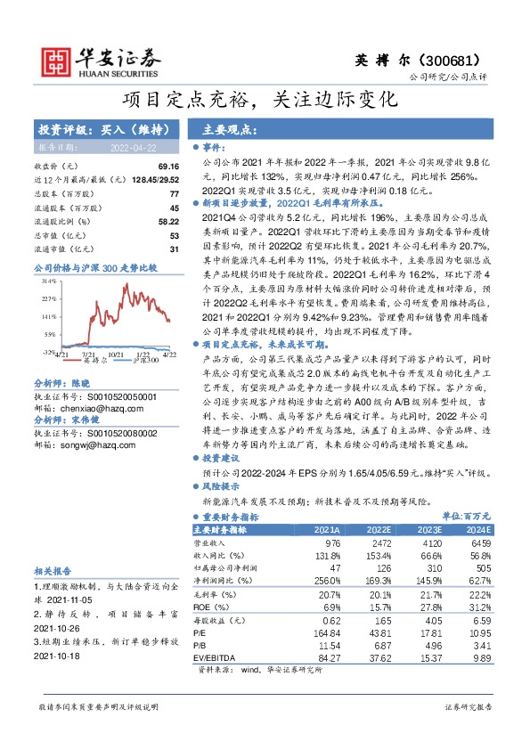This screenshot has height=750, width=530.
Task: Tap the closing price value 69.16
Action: pyautogui.click(x=169, y=167)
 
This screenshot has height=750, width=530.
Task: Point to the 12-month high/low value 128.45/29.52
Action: pyautogui.click(x=154, y=180)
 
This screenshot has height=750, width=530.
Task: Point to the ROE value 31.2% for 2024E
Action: pyautogui.click(x=479, y=606)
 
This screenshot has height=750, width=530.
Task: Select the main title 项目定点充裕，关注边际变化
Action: pyautogui.click(x=265, y=100)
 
